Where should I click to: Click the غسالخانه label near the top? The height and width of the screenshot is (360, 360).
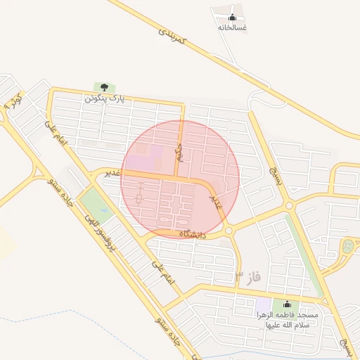coord(232,27)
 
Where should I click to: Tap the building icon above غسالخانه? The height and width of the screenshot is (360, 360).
coord(232,17)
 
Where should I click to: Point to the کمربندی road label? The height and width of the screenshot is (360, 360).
coord(172,36)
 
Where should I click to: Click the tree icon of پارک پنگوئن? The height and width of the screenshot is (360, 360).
coord(104,87)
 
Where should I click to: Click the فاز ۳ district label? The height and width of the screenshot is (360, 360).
coord(247,276)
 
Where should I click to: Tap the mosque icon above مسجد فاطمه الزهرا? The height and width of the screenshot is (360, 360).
coord(286,304)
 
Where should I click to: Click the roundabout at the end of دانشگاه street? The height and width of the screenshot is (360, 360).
coord(229,230)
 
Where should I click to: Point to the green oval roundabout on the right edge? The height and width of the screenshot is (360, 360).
coord(347,247)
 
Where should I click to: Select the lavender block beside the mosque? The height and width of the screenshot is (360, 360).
coord(264,306)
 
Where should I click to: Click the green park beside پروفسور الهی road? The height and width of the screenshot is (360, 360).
coord(96,204)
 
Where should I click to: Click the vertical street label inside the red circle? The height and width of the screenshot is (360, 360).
coord(179,151)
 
